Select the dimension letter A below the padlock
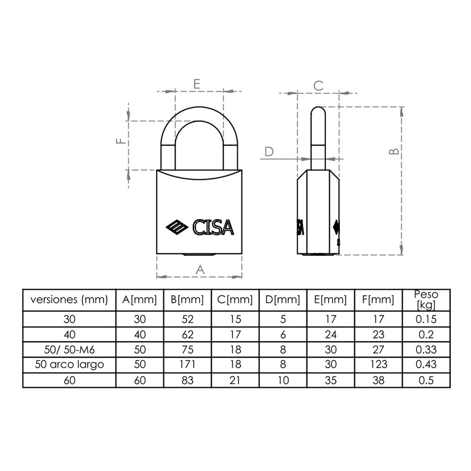[200, 269]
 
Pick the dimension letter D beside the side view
[269, 152]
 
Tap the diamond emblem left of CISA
[176, 228]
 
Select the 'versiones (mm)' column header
[69, 300]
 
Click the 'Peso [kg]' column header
[426, 300]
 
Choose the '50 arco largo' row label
[69, 364]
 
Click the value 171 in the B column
[188, 364]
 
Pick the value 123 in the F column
[378, 364]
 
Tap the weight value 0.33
[426, 349]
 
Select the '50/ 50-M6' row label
[69, 349]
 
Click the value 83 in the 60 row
[188, 380]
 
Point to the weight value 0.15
[426, 319]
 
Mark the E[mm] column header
[330, 300]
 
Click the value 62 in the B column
[188, 334]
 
